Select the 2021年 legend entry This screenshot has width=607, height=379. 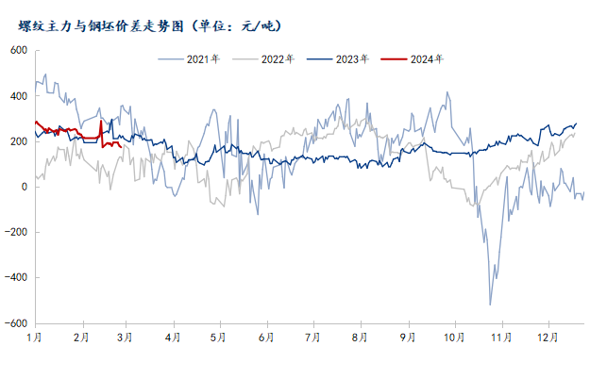pos(202,59)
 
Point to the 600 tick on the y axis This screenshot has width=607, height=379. pos(19,50)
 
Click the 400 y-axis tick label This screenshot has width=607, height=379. pos(19,96)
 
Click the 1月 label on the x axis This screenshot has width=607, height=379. pos(34,337)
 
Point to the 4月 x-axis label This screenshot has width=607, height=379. pos(173,337)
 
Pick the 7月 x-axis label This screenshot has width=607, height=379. pos(312,337)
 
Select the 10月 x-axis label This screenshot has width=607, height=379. pos(454,337)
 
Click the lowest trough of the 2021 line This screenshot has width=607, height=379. pos(490,304)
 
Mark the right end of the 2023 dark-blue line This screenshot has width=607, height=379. pos(576,124)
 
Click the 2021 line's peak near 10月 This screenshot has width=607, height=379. pos(447,92)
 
